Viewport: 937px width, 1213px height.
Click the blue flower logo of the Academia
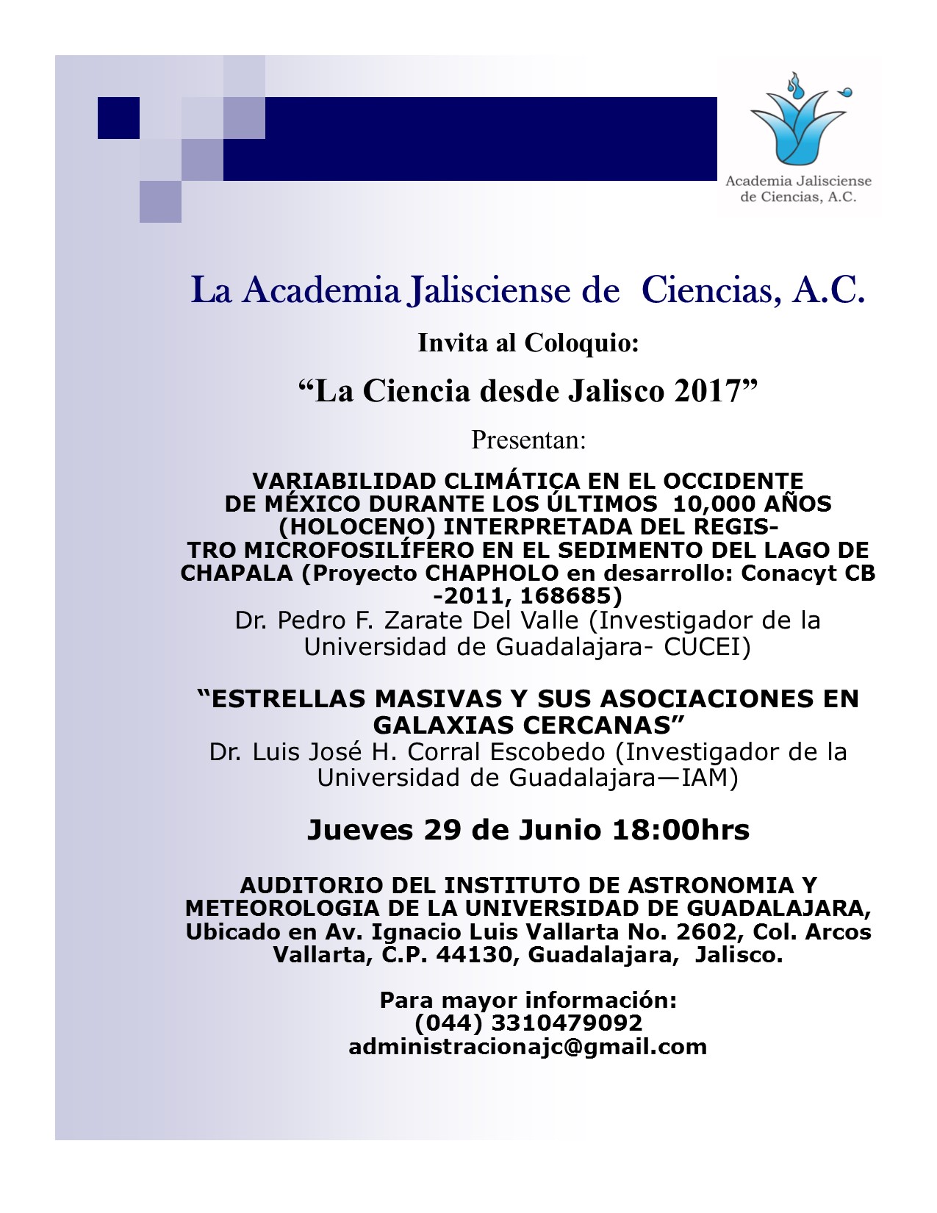click(x=798, y=120)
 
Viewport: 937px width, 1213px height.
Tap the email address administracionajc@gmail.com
click(x=528, y=1047)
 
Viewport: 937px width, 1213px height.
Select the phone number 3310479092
click(x=567, y=1023)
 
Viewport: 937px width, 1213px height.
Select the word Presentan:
click(x=528, y=440)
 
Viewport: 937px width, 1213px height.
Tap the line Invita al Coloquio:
click(x=528, y=343)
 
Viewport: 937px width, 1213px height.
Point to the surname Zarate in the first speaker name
click(x=425, y=621)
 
